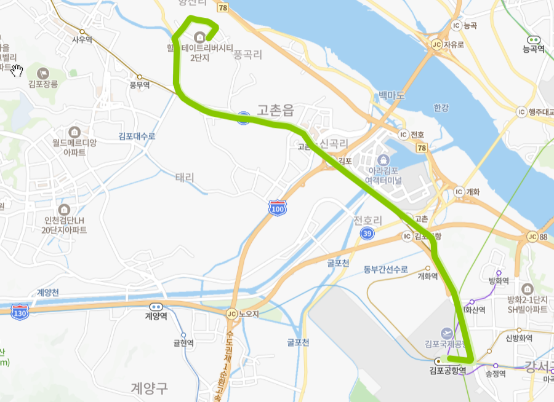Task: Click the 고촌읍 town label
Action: pos(276,111)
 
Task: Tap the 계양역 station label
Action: pos(156,316)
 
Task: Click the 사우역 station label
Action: pos(82,39)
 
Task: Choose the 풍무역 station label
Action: pos(140,85)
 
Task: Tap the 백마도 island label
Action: pos(392,95)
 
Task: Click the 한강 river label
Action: pos(441,108)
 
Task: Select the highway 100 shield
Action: pos(278,208)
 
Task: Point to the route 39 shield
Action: pos(367,234)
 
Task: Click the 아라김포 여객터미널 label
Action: pos(383,176)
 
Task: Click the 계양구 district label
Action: pos(149,387)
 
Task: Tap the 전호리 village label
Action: pos(368,220)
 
